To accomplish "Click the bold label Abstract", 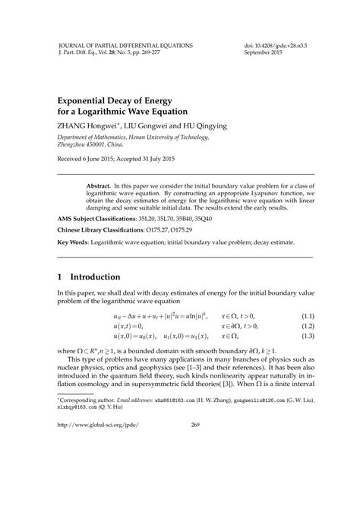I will pyautogui.click(x=99, y=185).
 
